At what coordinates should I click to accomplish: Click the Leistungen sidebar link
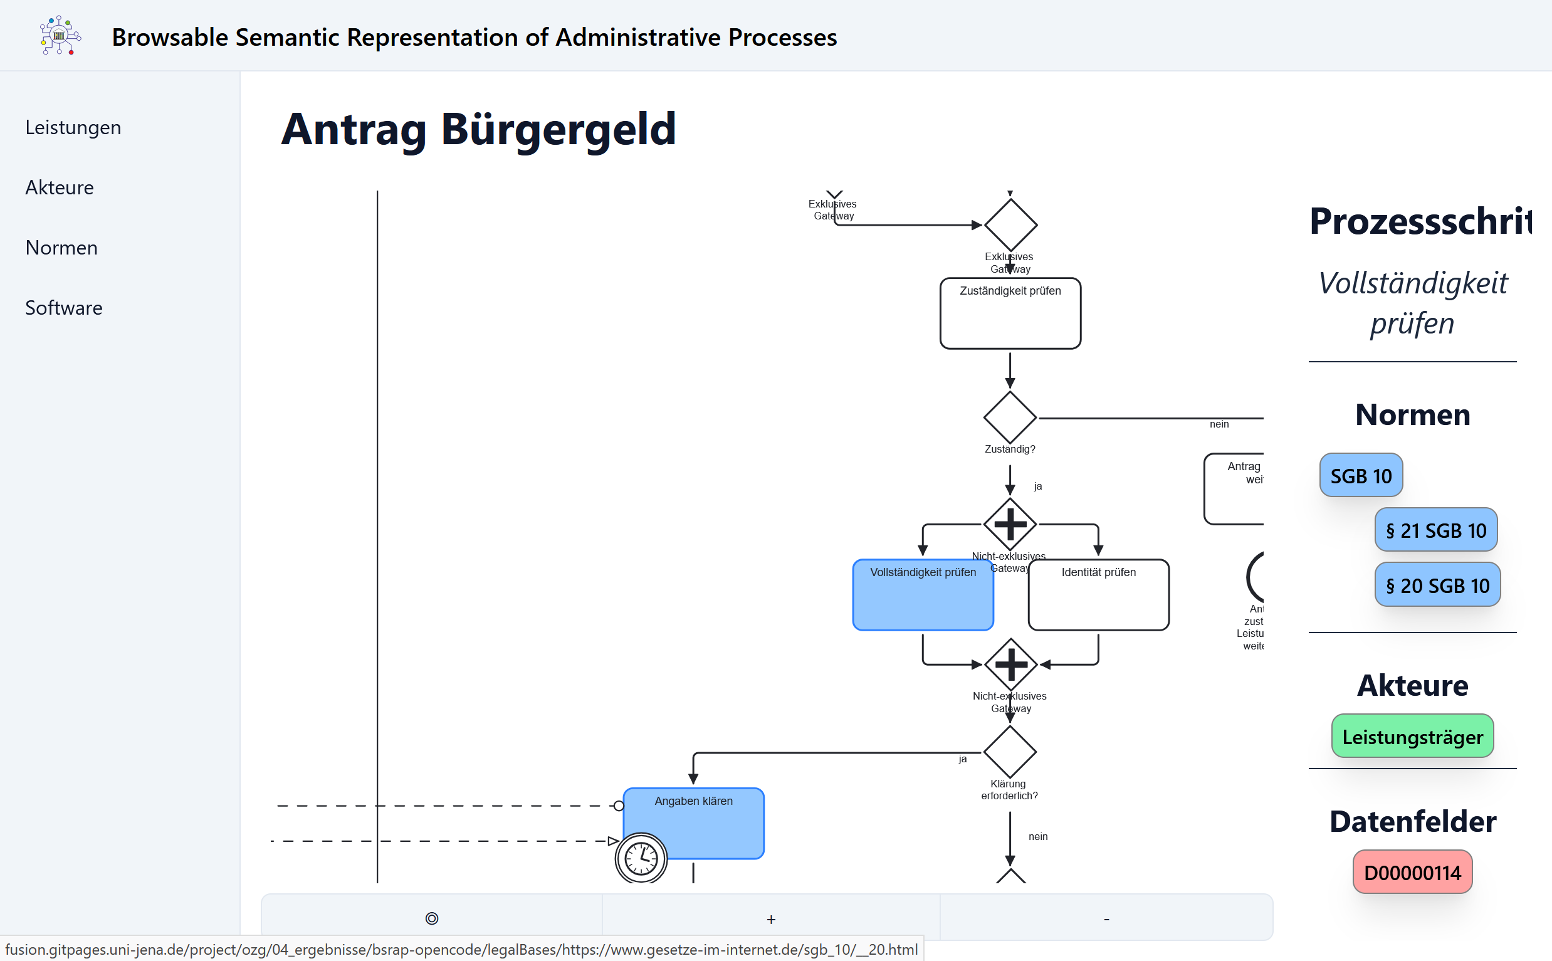73,128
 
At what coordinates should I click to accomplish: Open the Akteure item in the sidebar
59,188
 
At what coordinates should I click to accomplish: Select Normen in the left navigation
61,248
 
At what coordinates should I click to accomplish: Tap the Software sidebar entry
63,308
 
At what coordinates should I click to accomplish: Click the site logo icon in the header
60,36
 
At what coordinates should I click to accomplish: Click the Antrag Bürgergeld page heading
478,129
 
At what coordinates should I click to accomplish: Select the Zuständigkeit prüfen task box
1010,314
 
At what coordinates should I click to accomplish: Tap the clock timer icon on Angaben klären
641,859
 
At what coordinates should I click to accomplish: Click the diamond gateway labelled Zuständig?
1010,417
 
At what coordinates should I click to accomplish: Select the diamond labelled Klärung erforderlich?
1010,752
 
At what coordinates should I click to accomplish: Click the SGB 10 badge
1361,475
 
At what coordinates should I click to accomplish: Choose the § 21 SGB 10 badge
1435,530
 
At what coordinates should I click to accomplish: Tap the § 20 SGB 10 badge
1437,586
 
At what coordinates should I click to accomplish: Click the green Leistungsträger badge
1412,737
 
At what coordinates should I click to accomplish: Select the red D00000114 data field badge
1412,873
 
